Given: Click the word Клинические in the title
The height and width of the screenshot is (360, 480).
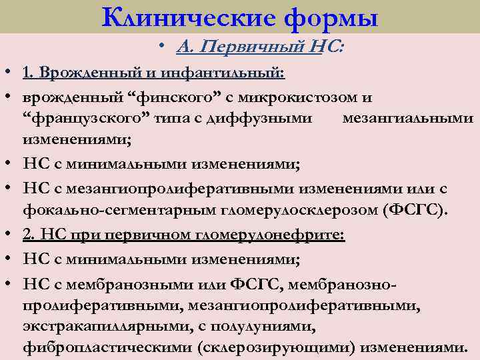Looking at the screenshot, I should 187,17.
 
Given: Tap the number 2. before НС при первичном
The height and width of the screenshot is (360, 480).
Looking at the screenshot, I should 29,235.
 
